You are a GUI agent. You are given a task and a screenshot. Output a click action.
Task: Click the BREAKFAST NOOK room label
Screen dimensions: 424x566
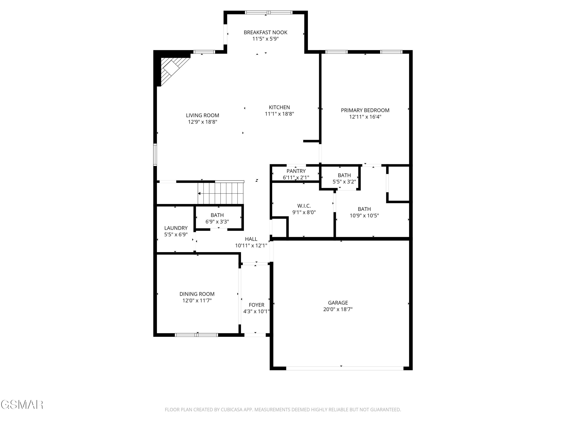point(265,32)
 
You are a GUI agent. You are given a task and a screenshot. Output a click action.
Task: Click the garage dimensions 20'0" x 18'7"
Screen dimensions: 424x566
point(338,309)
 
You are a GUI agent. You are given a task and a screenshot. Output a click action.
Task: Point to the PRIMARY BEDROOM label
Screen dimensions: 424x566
point(365,110)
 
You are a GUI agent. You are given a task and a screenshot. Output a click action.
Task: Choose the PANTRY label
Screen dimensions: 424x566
point(296,171)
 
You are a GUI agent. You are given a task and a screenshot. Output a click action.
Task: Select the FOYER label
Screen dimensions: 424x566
point(256,305)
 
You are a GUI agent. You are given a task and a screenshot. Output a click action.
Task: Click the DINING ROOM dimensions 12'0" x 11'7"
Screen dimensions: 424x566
point(197,301)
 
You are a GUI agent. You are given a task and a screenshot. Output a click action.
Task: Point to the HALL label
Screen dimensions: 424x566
point(251,239)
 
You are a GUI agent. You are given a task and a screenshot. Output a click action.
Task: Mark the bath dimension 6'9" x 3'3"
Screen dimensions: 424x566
point(217,222)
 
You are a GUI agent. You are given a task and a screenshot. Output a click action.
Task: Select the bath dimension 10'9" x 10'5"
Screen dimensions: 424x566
point(364,215)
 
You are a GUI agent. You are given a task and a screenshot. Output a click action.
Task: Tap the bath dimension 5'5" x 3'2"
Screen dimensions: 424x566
point(344,182)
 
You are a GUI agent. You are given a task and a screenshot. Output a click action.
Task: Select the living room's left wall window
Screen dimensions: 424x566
point(155,155)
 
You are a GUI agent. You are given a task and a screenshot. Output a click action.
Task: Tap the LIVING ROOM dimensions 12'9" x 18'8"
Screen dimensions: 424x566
point(202,122)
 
